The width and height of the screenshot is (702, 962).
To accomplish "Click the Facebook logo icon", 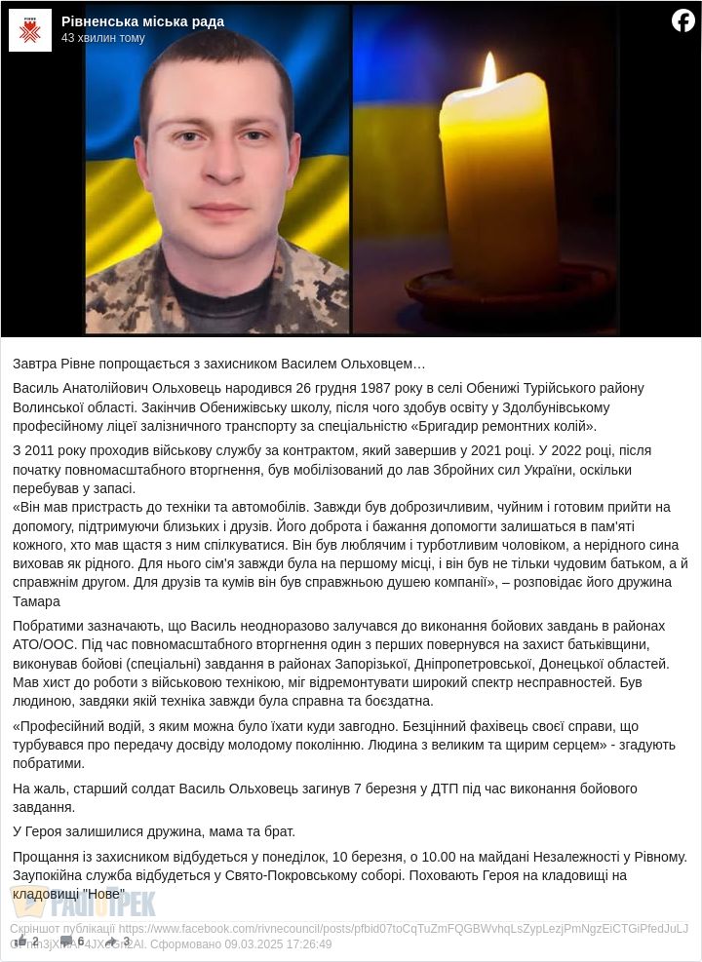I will (682, 20).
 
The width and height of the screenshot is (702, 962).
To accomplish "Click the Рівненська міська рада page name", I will (142, 21).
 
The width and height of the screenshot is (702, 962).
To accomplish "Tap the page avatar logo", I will (29, 29).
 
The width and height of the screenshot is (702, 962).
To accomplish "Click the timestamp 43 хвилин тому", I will (102, 38).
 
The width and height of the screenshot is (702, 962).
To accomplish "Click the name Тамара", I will (36, 601).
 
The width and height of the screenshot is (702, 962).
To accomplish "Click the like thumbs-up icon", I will (19, 942).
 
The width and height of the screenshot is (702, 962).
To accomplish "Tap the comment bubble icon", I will (66, 942).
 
